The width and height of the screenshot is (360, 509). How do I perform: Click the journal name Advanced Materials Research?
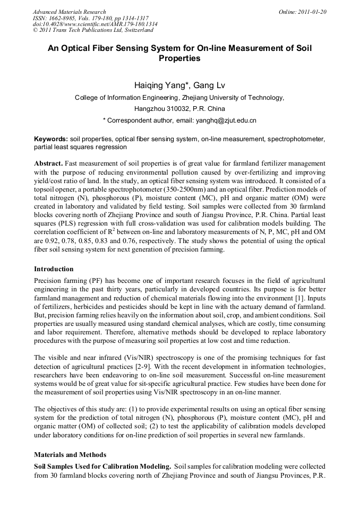[x=69, y=12]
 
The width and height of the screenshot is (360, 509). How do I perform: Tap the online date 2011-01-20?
[x=311, y=12]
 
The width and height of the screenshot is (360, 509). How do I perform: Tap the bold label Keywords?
[x=50, y=139]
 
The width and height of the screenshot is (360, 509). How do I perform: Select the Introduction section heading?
[x=54, y=269]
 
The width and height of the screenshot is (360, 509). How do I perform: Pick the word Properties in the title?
[x=179, y=59]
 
